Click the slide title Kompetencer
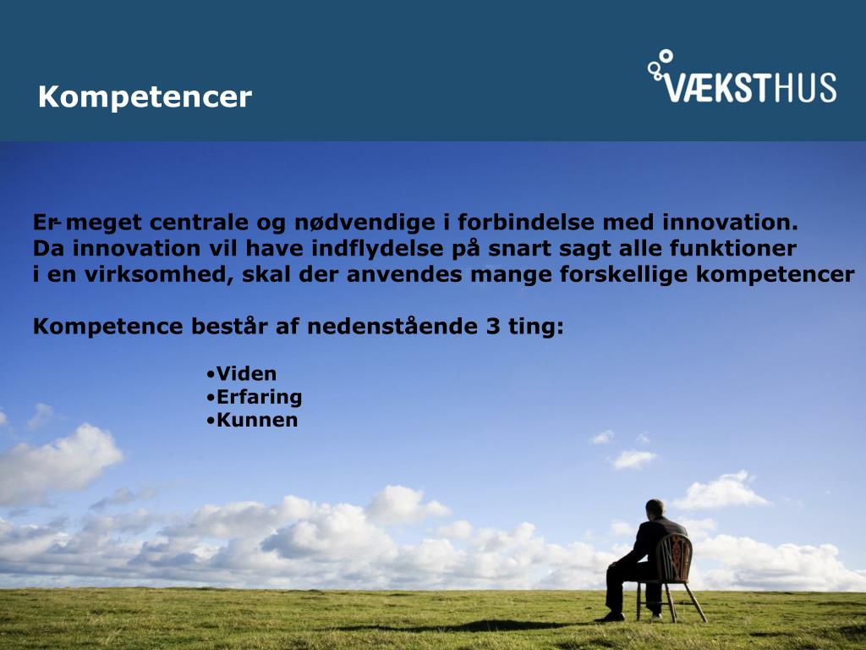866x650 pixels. click(145, 97)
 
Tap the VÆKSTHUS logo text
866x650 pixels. click(750, 87)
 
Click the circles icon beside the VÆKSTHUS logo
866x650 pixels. click(660, 63)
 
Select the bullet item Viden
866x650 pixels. click(242, 373)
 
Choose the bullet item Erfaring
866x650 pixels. click(255, 398)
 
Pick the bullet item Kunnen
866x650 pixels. click(252, 420)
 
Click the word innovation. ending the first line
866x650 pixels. click(731, 223)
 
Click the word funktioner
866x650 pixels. click(733, 248)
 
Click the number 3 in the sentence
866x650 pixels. click(493, 326)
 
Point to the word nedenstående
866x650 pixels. click(392, 326)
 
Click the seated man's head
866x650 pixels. click(655, 508)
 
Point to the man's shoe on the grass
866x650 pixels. click(610, 617)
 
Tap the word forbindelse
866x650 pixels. click(526, 223)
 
